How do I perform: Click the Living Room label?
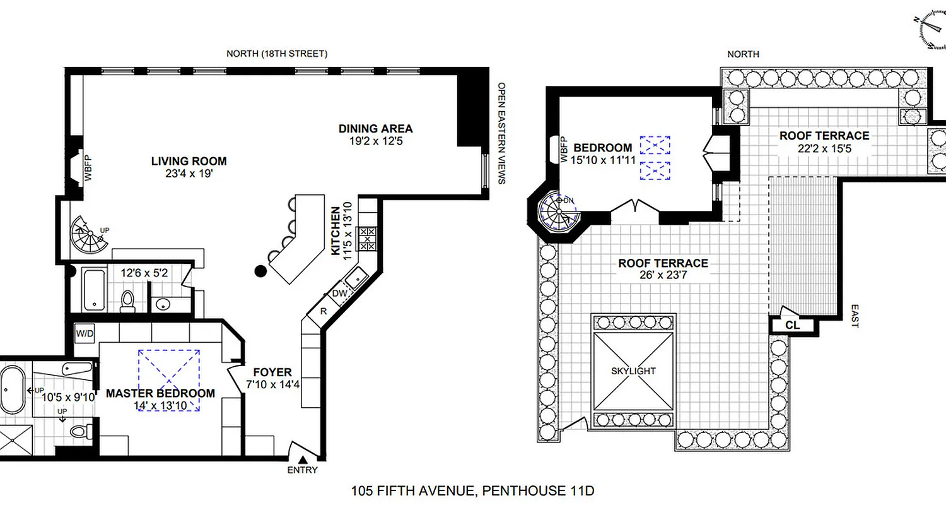click(x=189, y=161)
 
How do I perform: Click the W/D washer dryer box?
click(x=84, y=333)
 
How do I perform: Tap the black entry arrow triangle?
click(x=302, y=460)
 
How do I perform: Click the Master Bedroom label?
click(x=160, y=393)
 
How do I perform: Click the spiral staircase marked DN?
click(x=558, y=211)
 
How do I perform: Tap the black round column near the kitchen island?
click(x=260, y=272)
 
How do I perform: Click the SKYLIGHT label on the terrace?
click(x=633, y=371)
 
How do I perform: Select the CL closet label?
click(x=793, y=326)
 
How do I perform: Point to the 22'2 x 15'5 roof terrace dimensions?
click(x=824, y=149)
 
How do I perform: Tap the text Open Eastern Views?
click(x=502, y=133)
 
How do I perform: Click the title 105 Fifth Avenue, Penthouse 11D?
click(x=472, y=490)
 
